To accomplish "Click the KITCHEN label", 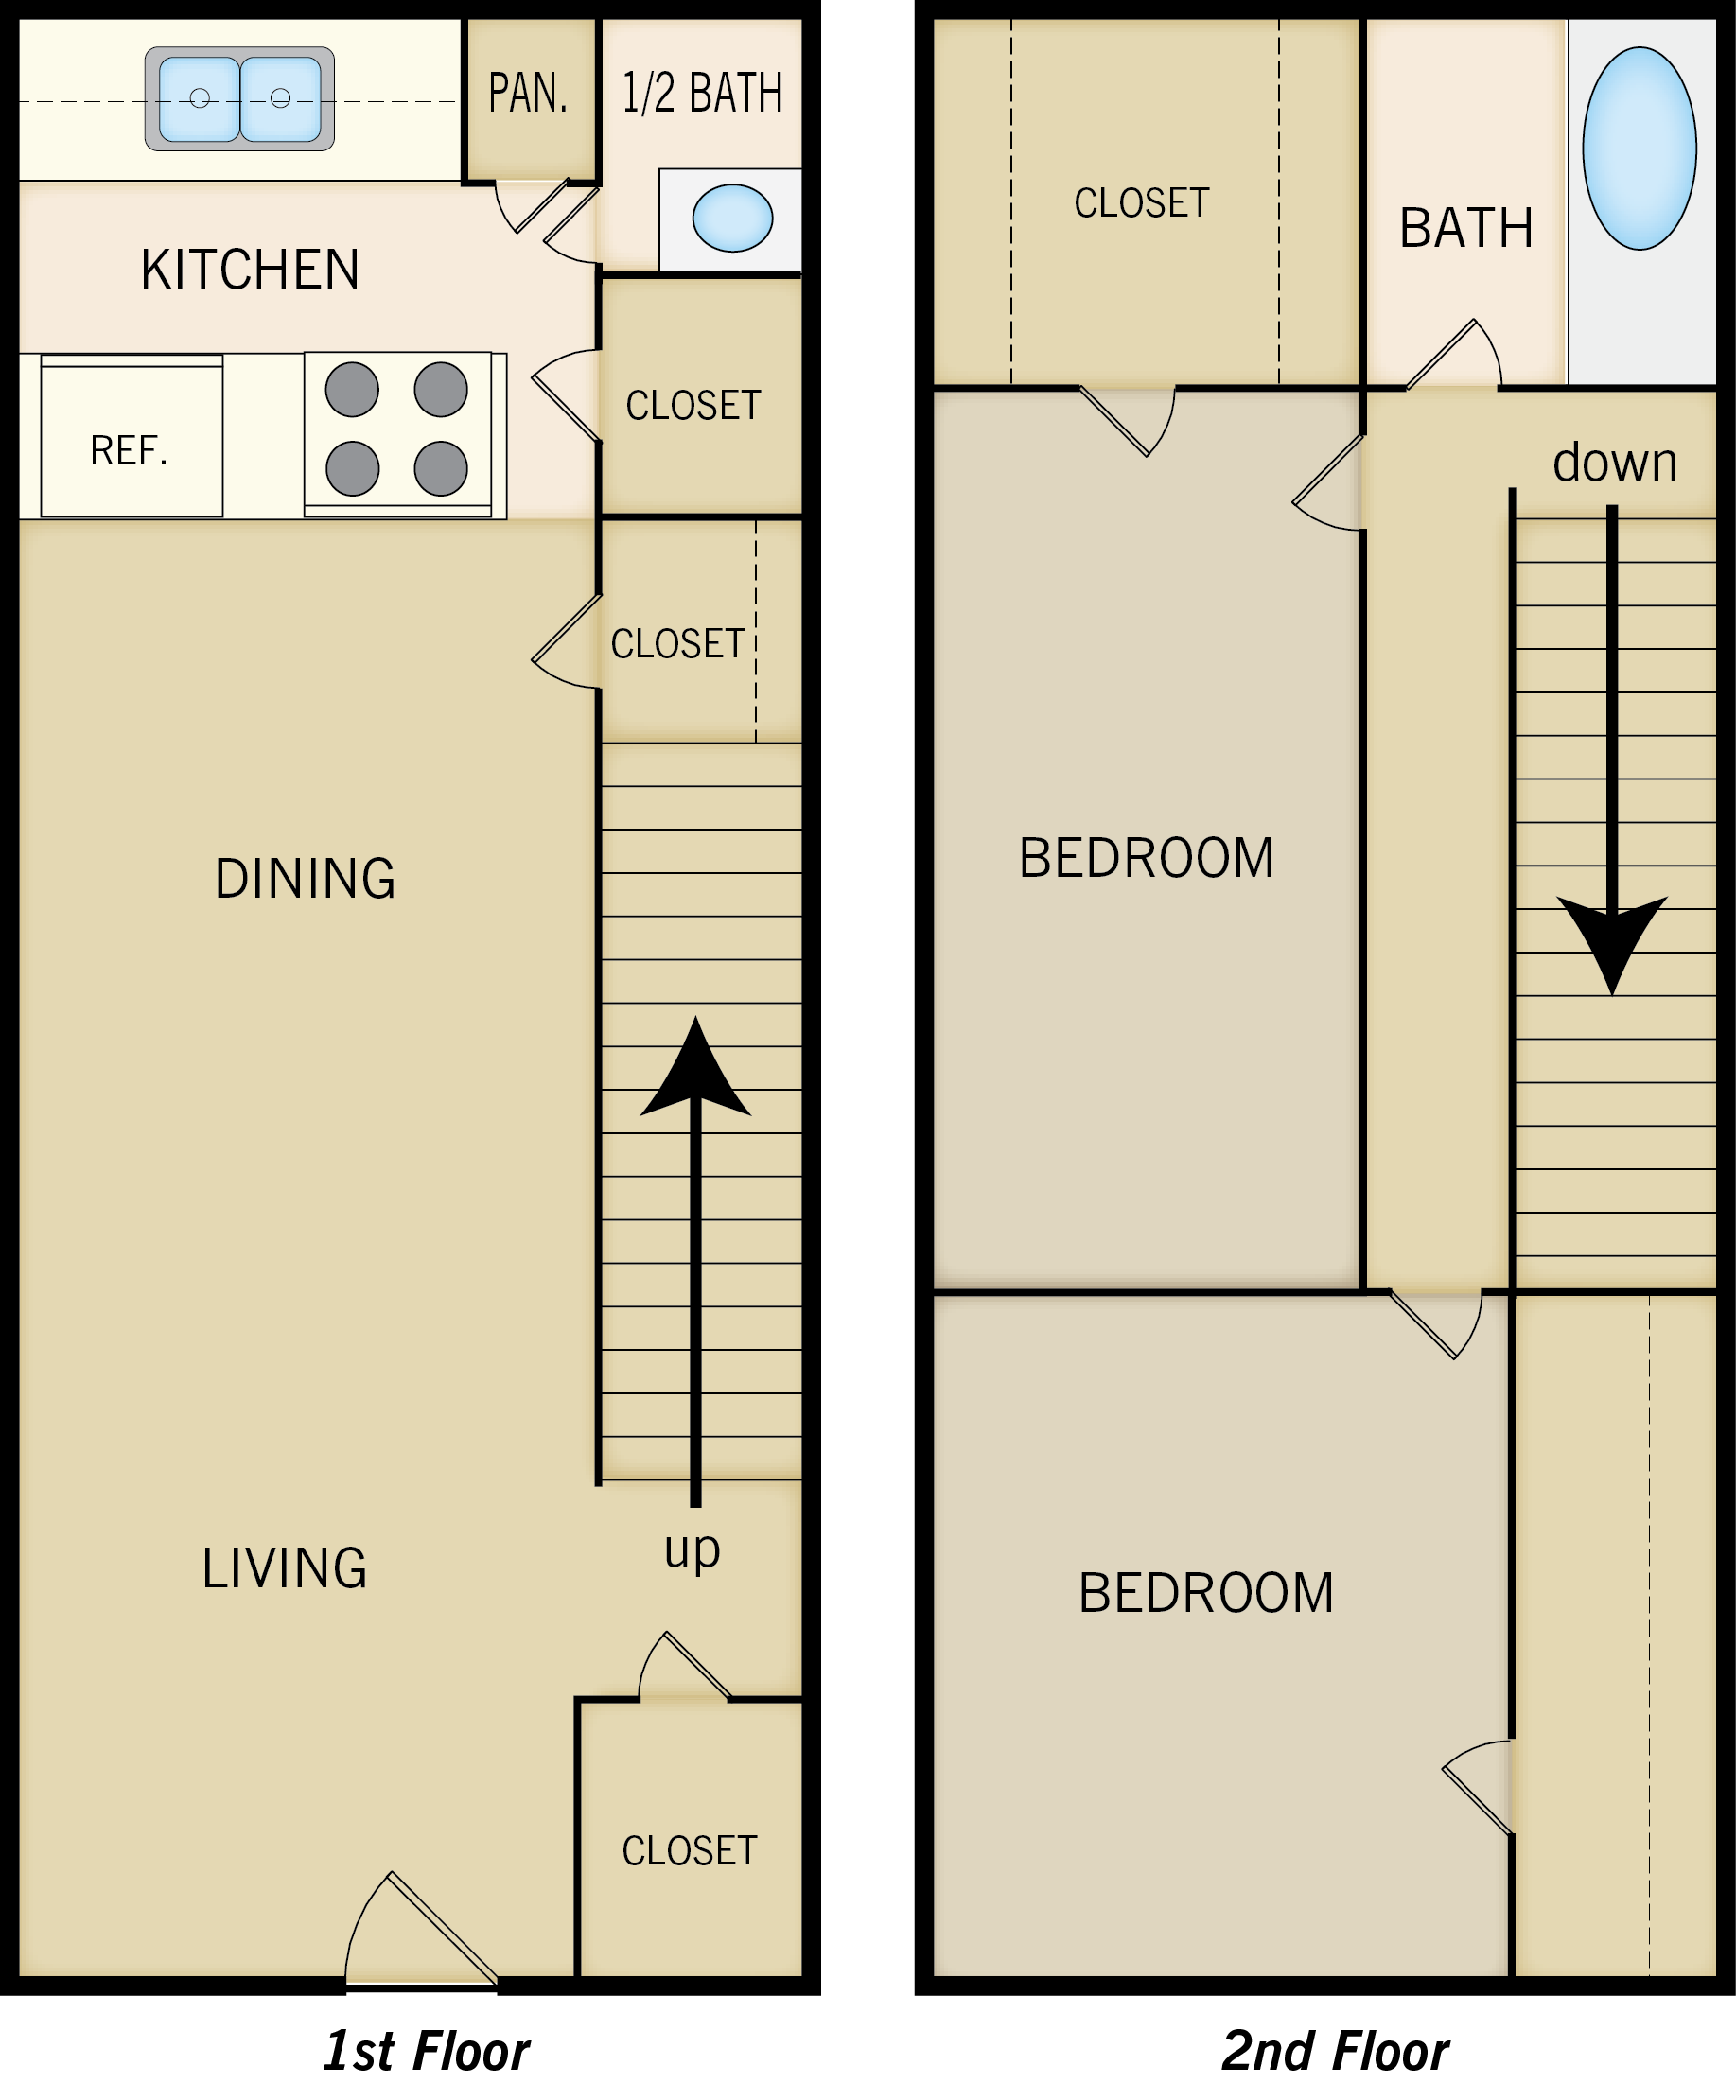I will click(250, 270).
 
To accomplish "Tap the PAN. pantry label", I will click(528, 94).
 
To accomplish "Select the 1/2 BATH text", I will click(702, 94).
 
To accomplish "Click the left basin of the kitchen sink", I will click(200, 98).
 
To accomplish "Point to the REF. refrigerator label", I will click(129, 451).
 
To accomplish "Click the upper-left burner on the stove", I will click(352, 390).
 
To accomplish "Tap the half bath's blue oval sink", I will click(732, 219).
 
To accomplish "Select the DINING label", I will click(306, 879).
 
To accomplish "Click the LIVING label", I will click(285, 1569).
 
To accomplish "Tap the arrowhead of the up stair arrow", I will click(695, 1071).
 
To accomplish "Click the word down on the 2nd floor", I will click(1615, 463).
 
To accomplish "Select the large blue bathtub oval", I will click(1639, 149).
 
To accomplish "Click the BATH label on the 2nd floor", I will click(1466, 228).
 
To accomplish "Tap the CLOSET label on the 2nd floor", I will click(1142, 203).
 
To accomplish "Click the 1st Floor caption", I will click(427, 2051).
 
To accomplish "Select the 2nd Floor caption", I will click(1335, 2051).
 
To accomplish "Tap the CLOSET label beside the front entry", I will click(690, 1851).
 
